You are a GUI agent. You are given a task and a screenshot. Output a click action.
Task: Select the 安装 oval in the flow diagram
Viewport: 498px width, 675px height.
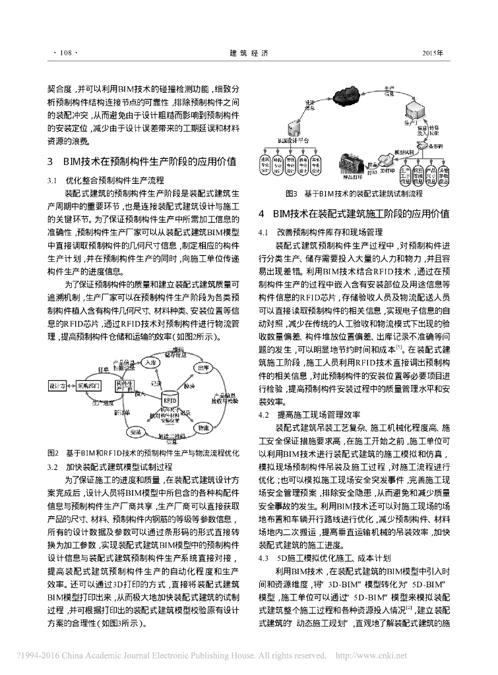click(137, 433)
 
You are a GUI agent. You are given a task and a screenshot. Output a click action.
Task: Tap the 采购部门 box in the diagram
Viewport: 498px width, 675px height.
click(91, 384)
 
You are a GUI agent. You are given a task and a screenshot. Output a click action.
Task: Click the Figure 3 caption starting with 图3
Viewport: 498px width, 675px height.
click(353, 194)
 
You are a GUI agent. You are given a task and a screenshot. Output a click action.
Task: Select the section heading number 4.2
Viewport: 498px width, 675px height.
click(265, 414)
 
